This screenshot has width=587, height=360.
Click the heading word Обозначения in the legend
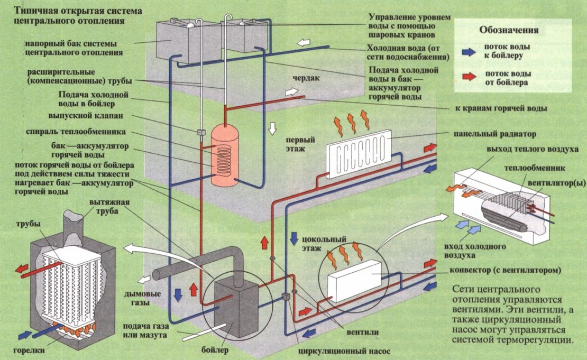(509, 30)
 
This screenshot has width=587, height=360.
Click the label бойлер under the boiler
(215, 350)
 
